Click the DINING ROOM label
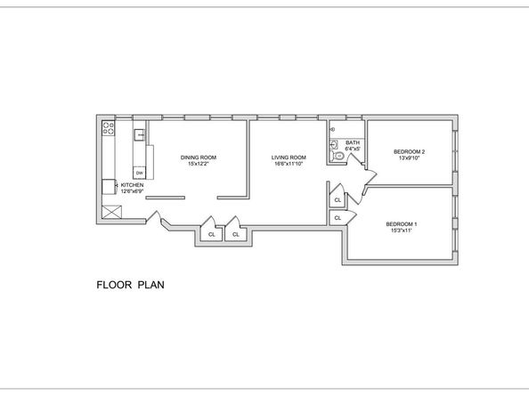tap(199, 158)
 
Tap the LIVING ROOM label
tap(289, 158)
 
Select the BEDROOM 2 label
tap(410, 151)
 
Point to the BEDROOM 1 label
tap(402, 224)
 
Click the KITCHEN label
tap(132, 185)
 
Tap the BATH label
tap(353, 142)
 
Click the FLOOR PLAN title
tap(131, 285)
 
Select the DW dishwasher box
tap(140, 173)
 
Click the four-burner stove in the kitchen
tap(109, 128)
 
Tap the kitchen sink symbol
tap(140, 134)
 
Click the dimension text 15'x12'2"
tap(199, 164)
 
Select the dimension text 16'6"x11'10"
tap(289, 164)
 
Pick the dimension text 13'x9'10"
tap(410, 158)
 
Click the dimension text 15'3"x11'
tap(402, 230)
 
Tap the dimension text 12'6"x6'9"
tap(132, 191)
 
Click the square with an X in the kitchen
tap(111, 212)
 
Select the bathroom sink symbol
tap(334, 145)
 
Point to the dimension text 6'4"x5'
tap(353, 149)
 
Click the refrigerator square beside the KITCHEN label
tap(109, 187)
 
